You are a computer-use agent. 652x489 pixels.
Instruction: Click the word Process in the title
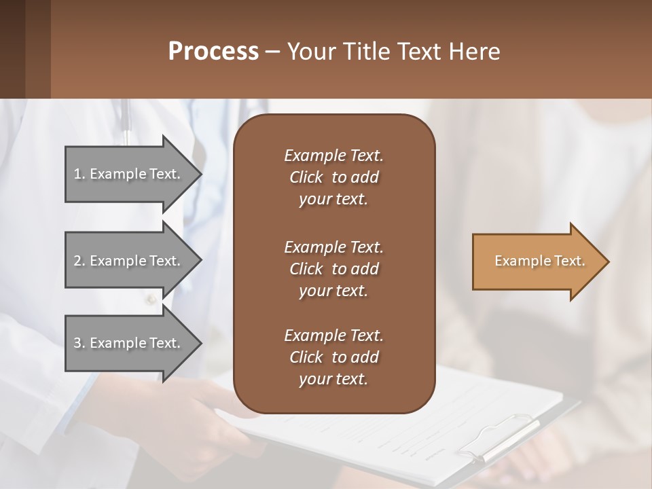point(213,52)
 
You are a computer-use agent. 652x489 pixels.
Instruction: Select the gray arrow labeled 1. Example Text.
point(129,174)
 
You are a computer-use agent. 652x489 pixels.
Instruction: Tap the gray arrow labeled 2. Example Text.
point(129,261)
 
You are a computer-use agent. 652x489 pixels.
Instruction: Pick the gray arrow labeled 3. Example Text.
point(129,343)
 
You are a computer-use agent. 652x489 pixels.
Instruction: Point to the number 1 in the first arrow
point(77,174)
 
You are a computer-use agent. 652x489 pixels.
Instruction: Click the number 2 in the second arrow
point(77,261)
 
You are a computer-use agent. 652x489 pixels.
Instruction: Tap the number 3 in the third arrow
point(77,343)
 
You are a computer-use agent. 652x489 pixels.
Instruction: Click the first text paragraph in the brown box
point(333,177)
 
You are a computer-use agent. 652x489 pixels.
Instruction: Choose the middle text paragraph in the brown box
point(333,269)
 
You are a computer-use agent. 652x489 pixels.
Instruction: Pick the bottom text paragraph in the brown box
point(333,357)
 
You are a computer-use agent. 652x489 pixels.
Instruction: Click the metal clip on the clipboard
point(499,438)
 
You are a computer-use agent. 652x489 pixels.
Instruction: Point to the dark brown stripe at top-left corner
point(12,49)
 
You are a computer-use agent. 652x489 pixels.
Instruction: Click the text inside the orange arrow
point(540,261)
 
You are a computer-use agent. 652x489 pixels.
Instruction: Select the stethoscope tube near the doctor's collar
point(126,122)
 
